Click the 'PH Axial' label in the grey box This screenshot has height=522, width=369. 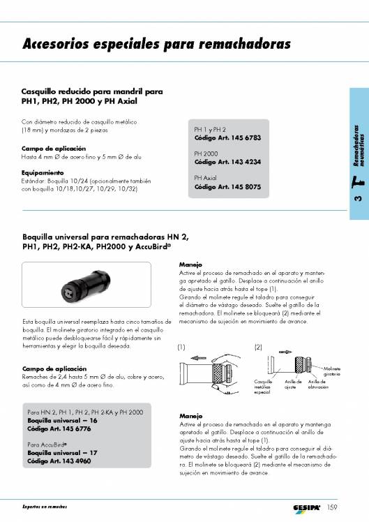(206, 179)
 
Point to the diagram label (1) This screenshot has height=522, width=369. (182, 347)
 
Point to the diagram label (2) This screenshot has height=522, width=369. (258, 347)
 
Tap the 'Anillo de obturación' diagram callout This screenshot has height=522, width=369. (317, 385)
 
